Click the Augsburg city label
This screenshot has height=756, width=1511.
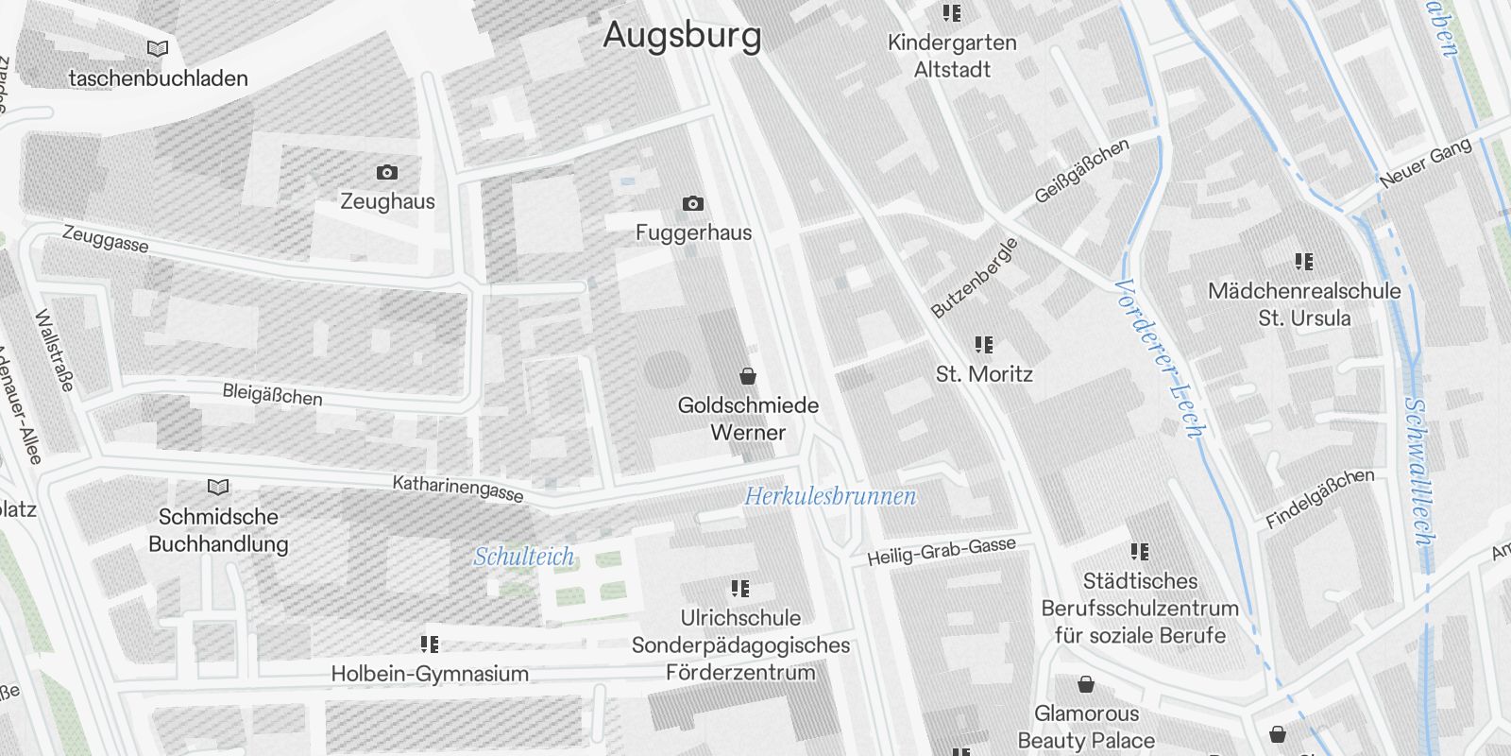tap(682, 36)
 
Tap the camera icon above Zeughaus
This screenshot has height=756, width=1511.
tap(386, 172)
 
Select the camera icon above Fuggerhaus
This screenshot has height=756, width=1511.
tap(692, 203)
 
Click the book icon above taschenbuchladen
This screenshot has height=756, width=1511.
tap(158, 48)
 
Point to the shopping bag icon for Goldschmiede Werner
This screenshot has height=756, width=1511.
tap(748, 376)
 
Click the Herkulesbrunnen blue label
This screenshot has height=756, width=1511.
tap(829, 496)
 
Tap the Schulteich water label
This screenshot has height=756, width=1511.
tap(523, 557)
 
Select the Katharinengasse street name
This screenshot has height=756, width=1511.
tap(458, 489)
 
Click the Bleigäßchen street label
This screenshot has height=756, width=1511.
tap(272, 394)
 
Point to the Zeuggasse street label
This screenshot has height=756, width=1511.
tap(105, 238)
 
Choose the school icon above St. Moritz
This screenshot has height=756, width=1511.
tap(984, 345)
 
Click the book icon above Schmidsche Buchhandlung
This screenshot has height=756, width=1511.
tap(218, 487)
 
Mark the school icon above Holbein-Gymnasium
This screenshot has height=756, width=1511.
tap(430, 644)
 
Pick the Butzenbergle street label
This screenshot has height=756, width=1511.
tap(974, 278)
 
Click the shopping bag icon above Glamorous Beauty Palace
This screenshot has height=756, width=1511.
tap(1086, 684)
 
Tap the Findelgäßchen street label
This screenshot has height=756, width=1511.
tap(1319, 498)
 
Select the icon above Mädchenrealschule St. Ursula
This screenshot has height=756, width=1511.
tap(1304, 261)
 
